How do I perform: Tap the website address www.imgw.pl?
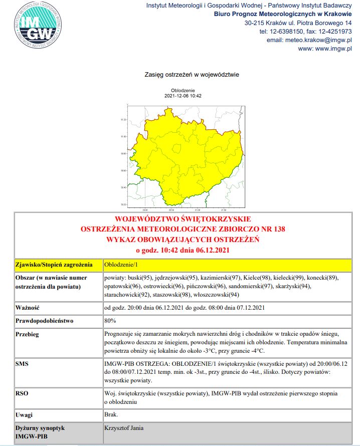[325, 49]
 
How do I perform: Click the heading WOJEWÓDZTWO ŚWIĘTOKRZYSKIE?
[183, 219]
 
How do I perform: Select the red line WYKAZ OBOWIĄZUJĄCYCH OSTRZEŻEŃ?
[183, 239]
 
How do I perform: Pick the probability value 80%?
[110, 320]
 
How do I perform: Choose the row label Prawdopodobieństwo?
[45, 320]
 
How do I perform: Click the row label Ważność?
[28, 307]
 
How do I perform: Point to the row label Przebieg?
[28, 334]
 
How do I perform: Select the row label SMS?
[22, 362]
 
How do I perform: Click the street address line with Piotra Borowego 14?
[298, 23]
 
